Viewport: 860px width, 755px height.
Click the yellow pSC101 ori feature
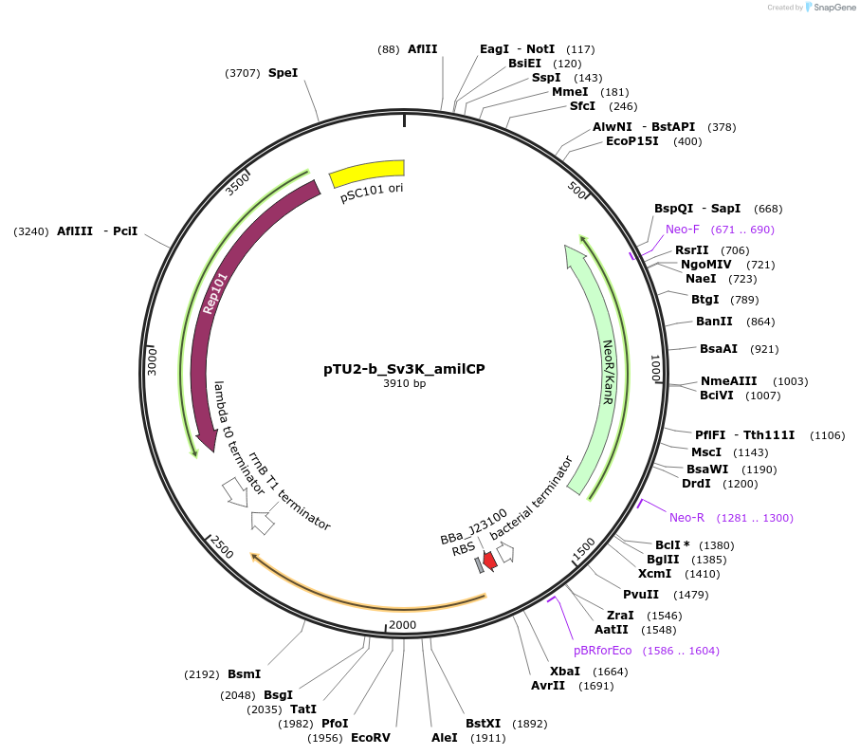coord(366,174)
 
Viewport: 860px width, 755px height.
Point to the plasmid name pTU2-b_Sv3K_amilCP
coord(404,369)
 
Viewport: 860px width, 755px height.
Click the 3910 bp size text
coord(404,384)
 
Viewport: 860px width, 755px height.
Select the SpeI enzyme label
coord(283,72)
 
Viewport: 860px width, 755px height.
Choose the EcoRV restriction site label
coord(370,737)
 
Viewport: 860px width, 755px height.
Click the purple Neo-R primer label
coord(686,518)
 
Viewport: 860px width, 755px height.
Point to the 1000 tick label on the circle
coord(655,368)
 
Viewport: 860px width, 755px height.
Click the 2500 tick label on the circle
coord(223,547)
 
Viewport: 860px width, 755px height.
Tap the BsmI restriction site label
coord(244,674)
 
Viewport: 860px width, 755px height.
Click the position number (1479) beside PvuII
coord(690,595)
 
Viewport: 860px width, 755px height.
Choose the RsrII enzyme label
coord(691,250)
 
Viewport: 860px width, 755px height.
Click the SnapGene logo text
coord(832,8)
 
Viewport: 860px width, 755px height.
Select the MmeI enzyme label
coord(570,92)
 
